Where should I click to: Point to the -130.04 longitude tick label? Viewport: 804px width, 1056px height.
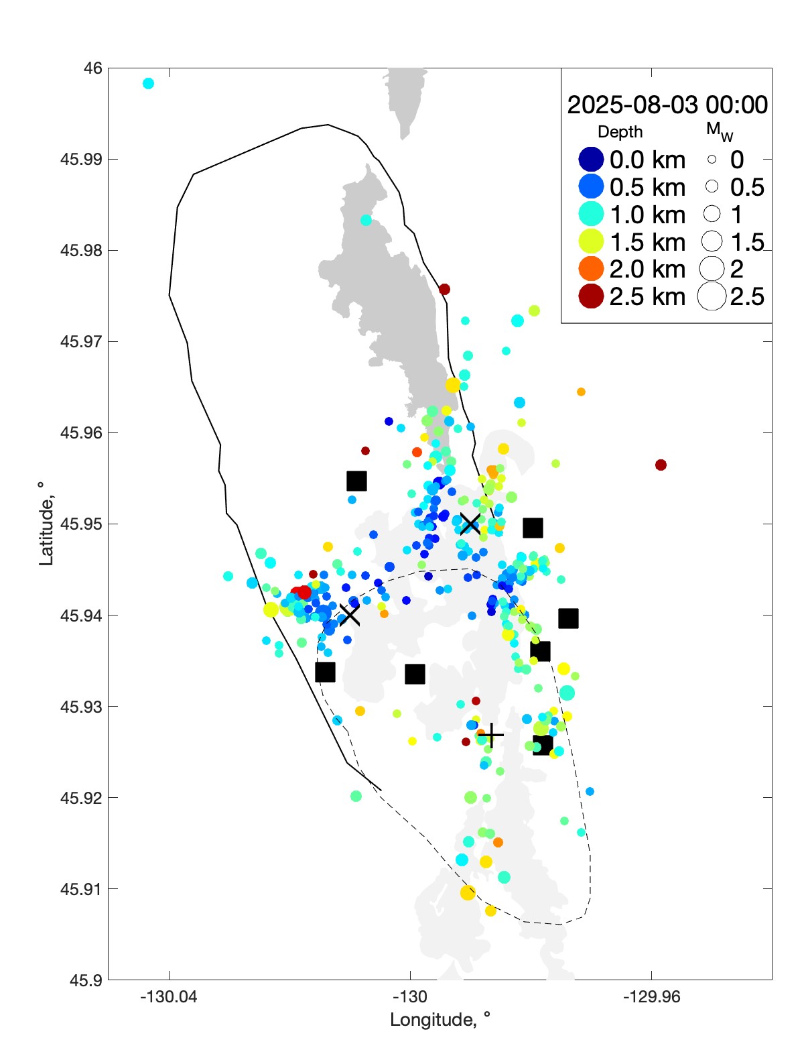[169, 997]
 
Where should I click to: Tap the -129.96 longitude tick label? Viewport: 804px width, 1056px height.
[651, 997]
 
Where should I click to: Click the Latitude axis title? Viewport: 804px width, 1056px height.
[46, 524]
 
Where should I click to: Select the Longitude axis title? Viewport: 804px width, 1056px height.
[440, 1020]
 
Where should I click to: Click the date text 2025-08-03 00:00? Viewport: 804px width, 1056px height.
[667, 105]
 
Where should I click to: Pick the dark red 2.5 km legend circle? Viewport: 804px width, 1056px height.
[591, 296]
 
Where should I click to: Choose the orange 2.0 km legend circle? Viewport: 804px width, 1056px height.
[591, 269]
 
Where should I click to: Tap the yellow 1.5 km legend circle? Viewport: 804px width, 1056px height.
[591, 241]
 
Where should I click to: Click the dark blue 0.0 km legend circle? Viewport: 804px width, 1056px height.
[591, 160]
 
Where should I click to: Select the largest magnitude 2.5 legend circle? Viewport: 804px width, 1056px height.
[712, 296]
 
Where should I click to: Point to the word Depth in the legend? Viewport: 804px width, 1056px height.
[620, 132]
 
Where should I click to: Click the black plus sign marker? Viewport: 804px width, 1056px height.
[491, 736]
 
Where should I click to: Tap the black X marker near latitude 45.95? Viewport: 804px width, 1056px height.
[470, 524]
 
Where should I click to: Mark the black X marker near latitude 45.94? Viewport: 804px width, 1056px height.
[349, 614]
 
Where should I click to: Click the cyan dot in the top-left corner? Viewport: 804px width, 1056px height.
[148, 83]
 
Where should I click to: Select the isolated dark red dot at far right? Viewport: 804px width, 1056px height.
[661, 465]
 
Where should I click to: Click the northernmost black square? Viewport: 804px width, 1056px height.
[356, 481]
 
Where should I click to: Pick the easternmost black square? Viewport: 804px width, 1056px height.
[568, 618]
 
